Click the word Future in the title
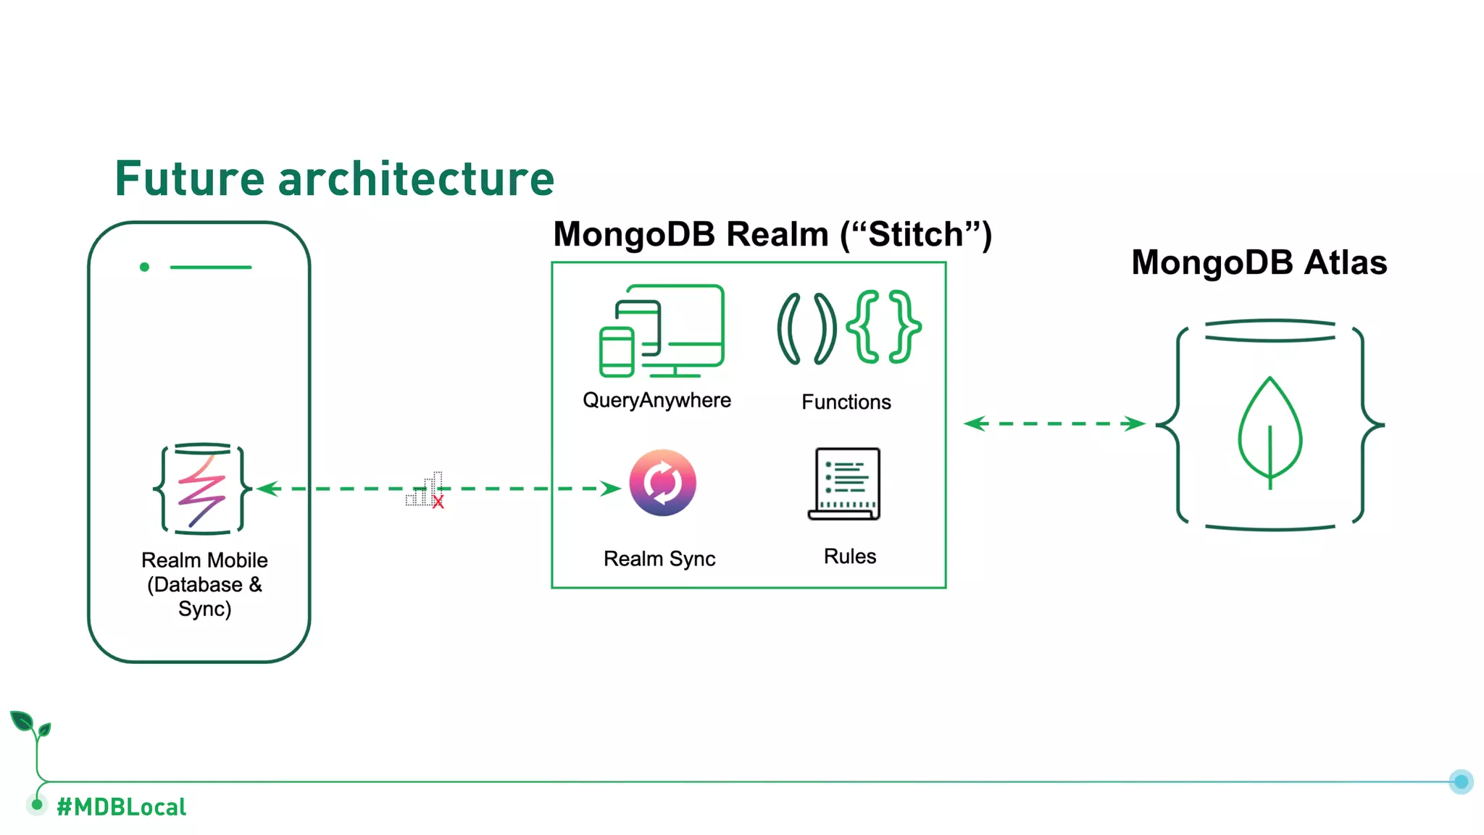pyautogui.click(x=190, y=179)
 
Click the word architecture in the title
pyautogui.click(x=416, y=179)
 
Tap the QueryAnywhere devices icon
pyautogui.click(x=662, y=331)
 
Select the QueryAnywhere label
pyautogui.click(x=656, y=400)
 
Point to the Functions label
pyautogui.click(x=846, y=402)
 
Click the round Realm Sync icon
pyautogui.click(x=662, y=483)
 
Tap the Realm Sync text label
pyautogui.click(x=659, y=559)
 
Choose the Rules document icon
pyautogui.click(x=845, y=483)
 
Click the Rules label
pyautogui.click(x=849, y=557)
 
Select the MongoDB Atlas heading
pyautogui.click(x=1259, y=262)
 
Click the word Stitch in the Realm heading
pyautogui.click(x=916, y=235)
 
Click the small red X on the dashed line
pyautogui.click(x=438, y=502)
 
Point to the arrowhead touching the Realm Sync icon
pyautogui.click(x=611, y=489)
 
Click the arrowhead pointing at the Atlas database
pyautogui.click(x=1134, y=423)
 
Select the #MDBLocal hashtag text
pyautogui.click(x=121, y=807)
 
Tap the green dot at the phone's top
pyautogui.click(x=144, y=267)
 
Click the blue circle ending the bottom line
pyautogui.click(x=1461, y=781)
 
